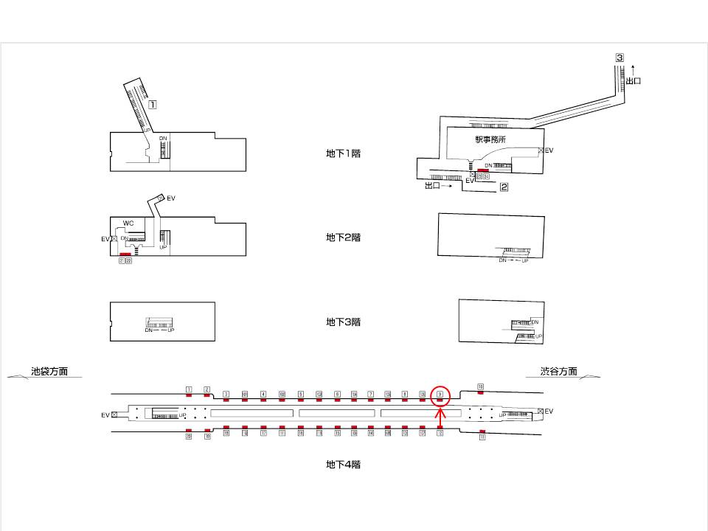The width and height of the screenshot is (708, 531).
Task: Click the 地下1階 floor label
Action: coord(343,153)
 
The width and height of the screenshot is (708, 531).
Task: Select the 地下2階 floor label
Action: coord(343,237)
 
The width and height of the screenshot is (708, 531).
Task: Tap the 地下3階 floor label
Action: coord(343,322)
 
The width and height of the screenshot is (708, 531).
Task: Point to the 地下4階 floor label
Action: coord(343,465)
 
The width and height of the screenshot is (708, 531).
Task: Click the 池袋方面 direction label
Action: coord(49,372)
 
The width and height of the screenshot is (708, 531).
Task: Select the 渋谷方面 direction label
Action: coord(558,372)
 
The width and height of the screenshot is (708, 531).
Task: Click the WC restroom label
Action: coord(128,223)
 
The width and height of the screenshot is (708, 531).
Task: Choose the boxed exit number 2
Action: coord(504,187)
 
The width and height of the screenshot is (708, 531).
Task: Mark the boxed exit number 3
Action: coord(619,58)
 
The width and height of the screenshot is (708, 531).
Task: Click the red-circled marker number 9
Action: coord(440,395)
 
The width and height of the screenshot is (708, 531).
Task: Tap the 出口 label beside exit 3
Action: coord(633,80)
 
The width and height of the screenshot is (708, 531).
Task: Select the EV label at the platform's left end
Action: coord(105,415)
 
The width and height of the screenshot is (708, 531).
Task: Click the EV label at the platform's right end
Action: coord(549,411)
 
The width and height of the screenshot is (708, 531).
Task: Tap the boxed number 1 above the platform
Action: coord(189,389)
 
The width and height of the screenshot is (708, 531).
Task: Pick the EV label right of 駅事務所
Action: coord(549,150)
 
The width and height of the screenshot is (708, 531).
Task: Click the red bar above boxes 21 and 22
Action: coord(125,254)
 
